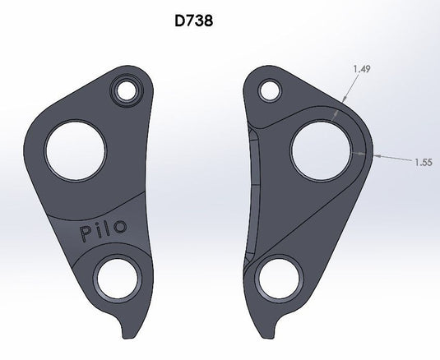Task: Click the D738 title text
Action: coord(194,21)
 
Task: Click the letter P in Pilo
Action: coord(86,236)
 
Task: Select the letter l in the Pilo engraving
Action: coord(109,229)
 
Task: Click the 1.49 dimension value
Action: coord(359,70)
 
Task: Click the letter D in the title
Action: coord(180,21)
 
